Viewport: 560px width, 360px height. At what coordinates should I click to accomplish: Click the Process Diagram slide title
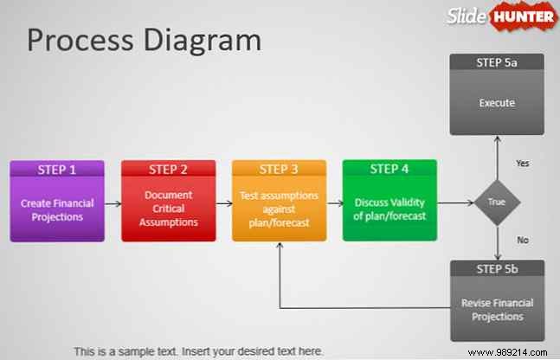[144, 40]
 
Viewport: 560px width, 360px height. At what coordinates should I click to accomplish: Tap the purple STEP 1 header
[56, 170]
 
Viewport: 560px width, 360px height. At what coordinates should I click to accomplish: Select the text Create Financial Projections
[56, 209]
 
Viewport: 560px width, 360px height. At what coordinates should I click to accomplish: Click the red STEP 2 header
[168, 170]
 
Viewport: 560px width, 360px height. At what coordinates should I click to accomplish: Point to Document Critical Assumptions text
[168, 209]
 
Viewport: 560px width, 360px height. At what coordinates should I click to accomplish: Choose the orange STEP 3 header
[279, 170]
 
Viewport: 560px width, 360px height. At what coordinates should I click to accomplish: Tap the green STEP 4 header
[389, 170]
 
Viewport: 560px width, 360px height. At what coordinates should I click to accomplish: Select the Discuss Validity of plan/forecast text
[389, 209]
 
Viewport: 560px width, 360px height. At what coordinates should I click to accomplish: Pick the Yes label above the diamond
[523, 163]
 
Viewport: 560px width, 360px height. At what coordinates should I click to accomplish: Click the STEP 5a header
[497, 62]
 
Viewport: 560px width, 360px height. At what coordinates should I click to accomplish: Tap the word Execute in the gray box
[497, 103]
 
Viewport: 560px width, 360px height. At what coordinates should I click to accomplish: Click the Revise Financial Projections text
[497, 309]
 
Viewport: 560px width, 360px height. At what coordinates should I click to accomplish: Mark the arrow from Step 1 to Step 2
[113, 204]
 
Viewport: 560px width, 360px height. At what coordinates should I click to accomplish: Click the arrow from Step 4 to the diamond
[456, 204]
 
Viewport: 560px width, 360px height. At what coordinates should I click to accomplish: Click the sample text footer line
[198, 351]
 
